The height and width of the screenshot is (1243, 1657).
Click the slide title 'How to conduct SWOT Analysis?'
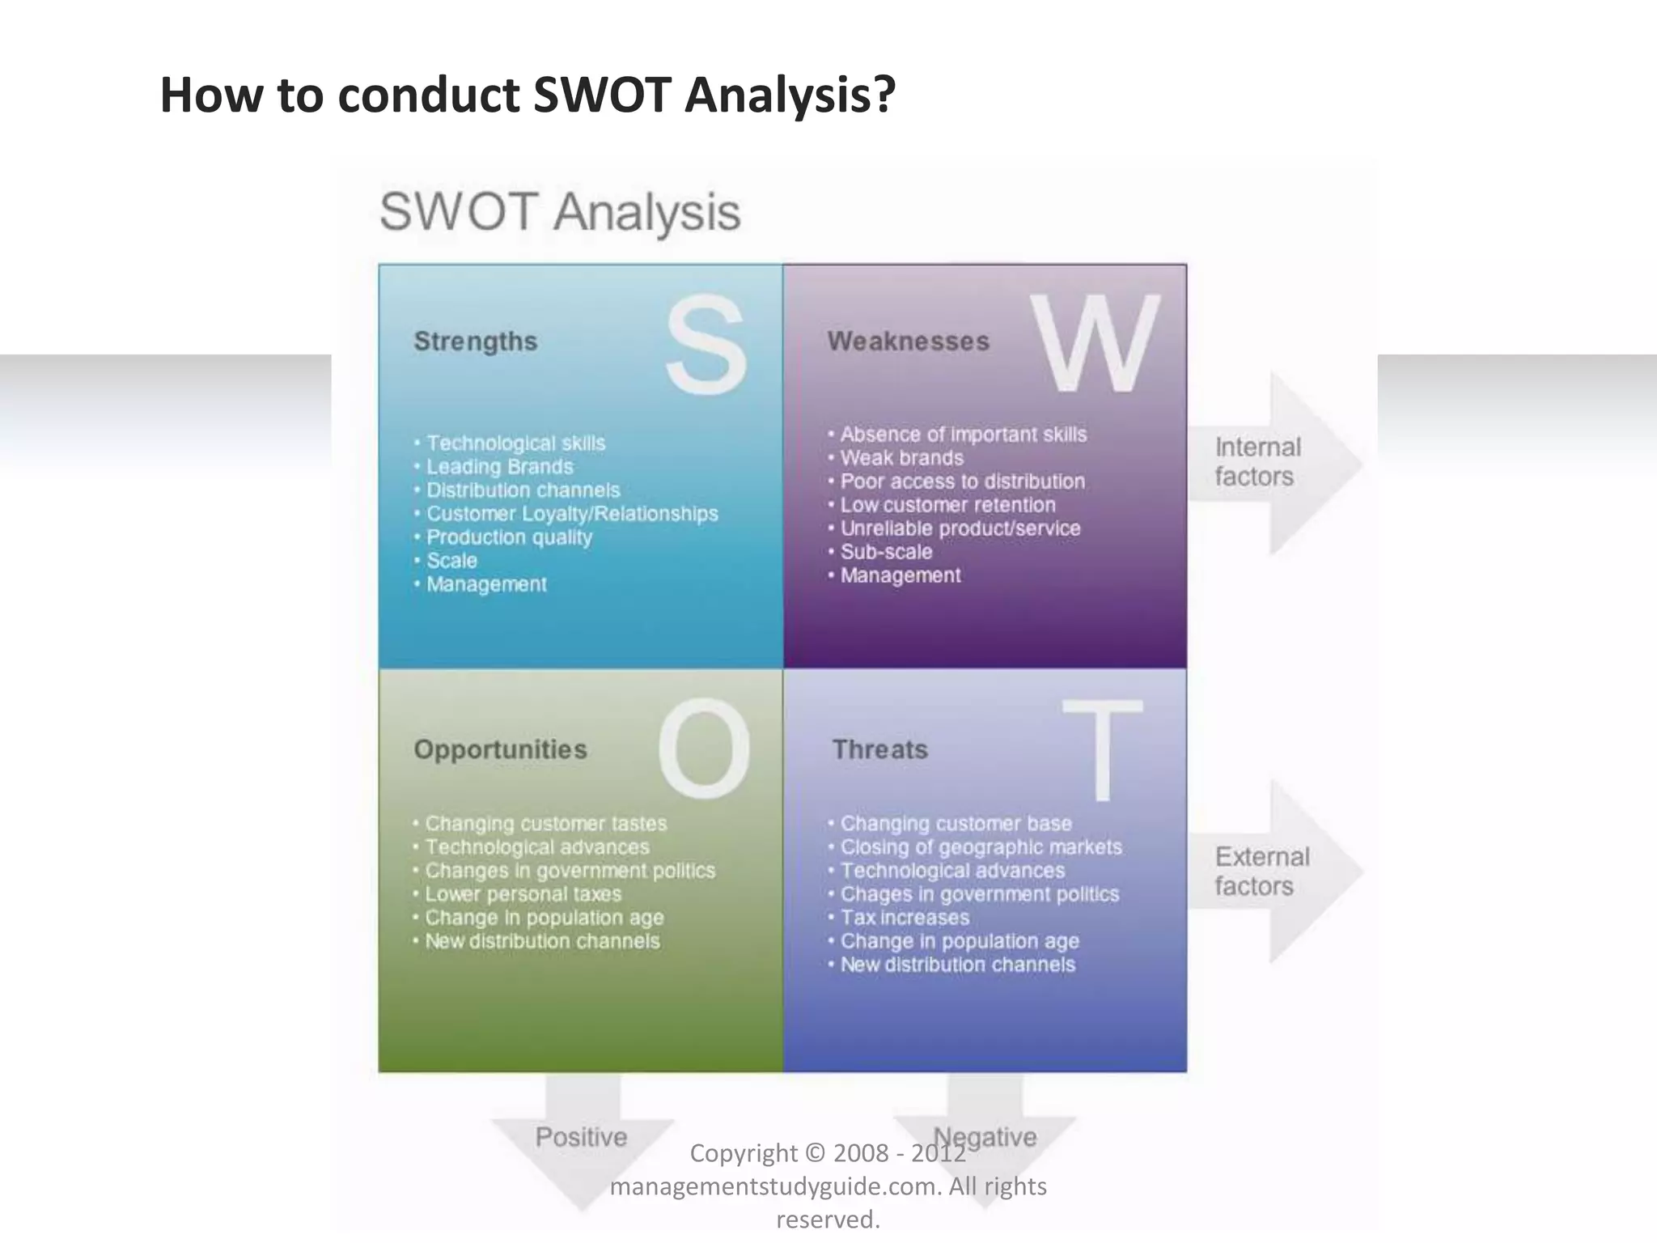tap(528, 95)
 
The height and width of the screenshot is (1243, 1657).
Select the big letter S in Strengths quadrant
tap(706, 345)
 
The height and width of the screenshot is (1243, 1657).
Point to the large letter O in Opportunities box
tap(704, 749)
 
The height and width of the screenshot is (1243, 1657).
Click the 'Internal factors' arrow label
tap(1257, 462)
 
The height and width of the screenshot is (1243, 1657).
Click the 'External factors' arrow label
tap(1261, 872)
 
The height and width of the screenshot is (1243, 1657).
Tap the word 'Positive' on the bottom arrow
tap(581, 1137)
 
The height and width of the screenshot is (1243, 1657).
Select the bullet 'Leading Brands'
tap(499, 467)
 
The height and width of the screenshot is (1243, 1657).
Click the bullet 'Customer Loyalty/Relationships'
tap(571, 514)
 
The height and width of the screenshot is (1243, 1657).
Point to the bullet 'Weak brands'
tap(901, 458)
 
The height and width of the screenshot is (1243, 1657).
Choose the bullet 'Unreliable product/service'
tap(960, 528)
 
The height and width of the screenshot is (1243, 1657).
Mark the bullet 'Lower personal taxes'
tap(523, 894)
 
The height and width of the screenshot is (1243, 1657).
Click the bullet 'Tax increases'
tap(904, 918)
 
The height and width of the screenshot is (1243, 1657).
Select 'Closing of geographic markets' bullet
tap(981, 847)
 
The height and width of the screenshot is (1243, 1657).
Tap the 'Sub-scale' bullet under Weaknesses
tap(886, 552)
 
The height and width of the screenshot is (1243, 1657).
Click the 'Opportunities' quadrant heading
tap(500, 749)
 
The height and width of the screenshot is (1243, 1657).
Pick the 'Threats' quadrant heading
tap(879, 749)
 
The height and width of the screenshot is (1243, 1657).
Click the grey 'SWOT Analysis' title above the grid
tap(560, 212)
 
